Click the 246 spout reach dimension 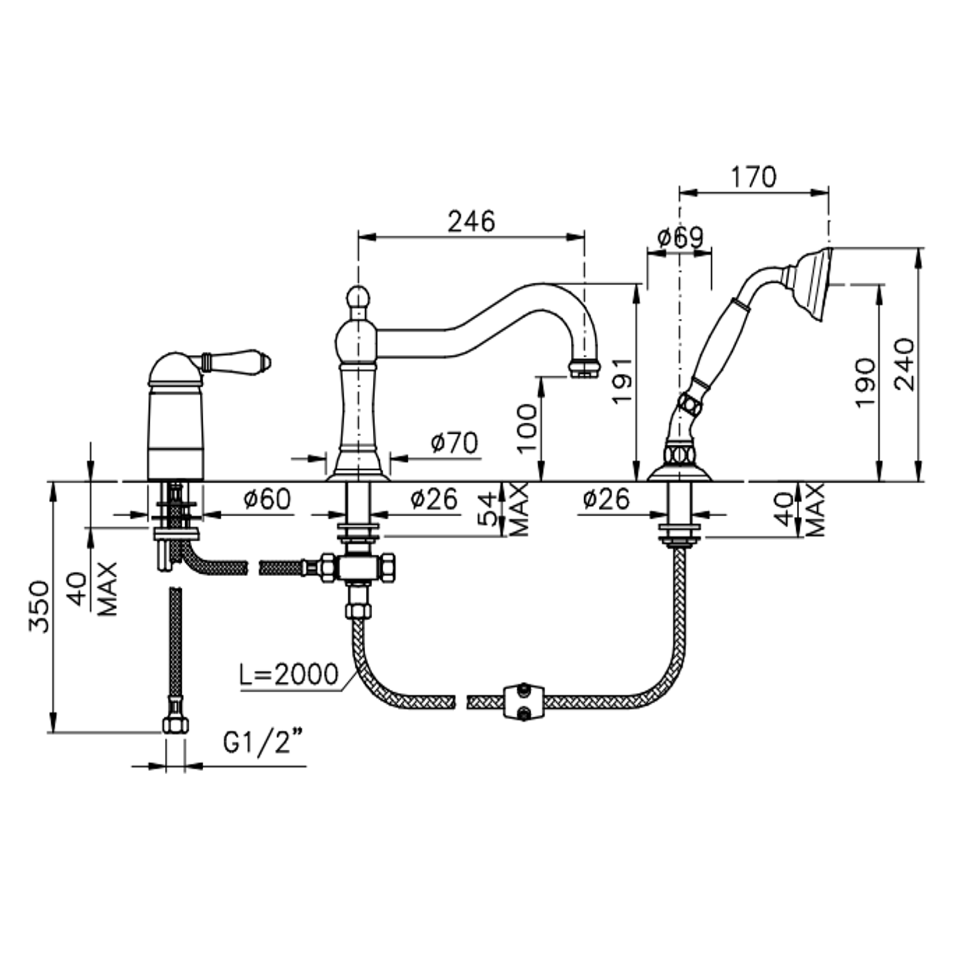471,221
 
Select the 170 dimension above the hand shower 753,177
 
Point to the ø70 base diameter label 454,444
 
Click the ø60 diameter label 267,499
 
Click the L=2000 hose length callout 289,675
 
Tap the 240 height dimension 904,365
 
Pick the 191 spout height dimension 622,380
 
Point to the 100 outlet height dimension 527,429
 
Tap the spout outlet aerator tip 584,369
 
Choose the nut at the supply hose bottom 175,724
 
